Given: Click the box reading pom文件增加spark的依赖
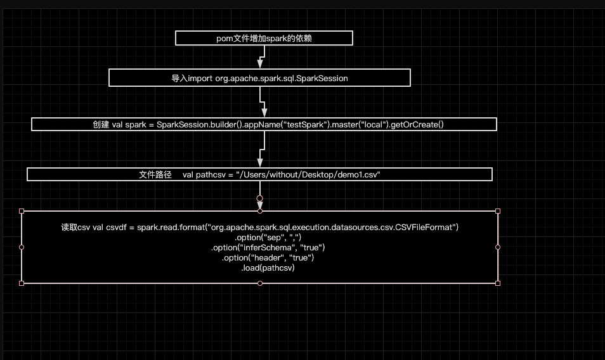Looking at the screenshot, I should click(264, 39).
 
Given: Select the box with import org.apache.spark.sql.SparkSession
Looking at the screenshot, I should click(259, 78).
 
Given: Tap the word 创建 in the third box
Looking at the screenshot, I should click(101, 124).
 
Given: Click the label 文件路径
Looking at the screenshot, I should click(155, 174).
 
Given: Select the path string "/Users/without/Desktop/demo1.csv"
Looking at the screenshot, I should click(308, 174).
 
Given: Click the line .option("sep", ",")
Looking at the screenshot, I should click(259, 237).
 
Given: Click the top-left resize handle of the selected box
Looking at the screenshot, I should click(22, 211).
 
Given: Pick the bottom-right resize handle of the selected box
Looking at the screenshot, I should click(498, 283).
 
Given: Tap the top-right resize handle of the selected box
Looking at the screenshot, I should click(498, 211).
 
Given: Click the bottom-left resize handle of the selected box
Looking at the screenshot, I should click(22, 283).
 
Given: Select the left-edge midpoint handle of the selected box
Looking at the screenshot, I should click(22, 247).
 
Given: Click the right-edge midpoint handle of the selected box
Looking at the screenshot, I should click(498, 247).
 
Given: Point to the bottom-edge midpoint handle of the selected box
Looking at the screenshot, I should click(260, 283).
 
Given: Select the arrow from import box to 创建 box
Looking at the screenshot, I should click(263, 101).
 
